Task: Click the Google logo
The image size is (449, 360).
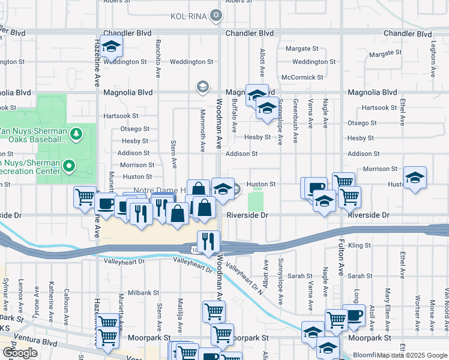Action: click(20, 352)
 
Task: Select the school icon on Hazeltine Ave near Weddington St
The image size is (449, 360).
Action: click(110, 47)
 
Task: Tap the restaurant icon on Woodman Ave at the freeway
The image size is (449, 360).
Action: click(208, 242)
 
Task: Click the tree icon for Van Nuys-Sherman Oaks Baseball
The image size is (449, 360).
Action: click(76, 133)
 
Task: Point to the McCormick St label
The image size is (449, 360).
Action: click(303, 77)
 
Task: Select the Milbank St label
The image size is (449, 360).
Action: click(143, 293)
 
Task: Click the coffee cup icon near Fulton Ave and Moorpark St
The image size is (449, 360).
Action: click(353, 314)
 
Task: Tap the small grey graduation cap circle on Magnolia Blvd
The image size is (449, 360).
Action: click(203, 88)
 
